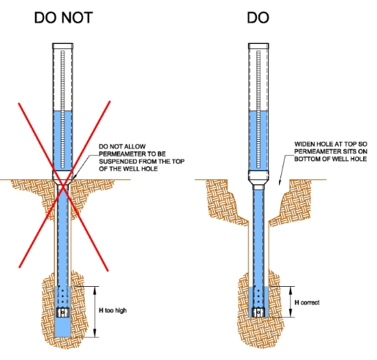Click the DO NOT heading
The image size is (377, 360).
pyautogui.click(x=64, y=18)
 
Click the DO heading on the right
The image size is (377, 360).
pyautogui.click(x=258, y=18)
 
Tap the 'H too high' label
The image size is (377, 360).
pyautogui.click(x=113, y=310)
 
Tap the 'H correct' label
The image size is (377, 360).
pyautogui.click(x=307, y=303)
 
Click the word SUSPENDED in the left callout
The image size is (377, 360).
pyautogui.click(x=118, y=162)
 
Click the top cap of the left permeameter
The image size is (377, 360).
pyautogui.click(x=63, y=46)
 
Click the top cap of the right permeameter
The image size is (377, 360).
pyautogui.click(x=258, y=46)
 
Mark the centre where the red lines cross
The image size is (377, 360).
pyautogui.click(x=64, y=187)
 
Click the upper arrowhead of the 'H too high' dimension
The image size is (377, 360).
pyautogui.click(x=95, y=290)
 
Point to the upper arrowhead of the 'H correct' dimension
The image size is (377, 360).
pyautogui.click(x=291, y=290)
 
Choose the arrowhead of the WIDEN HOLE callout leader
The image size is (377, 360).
pyautogui.click(x=280, y=181)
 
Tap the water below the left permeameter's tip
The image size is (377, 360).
pyautogui.click(x=63, y=327)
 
